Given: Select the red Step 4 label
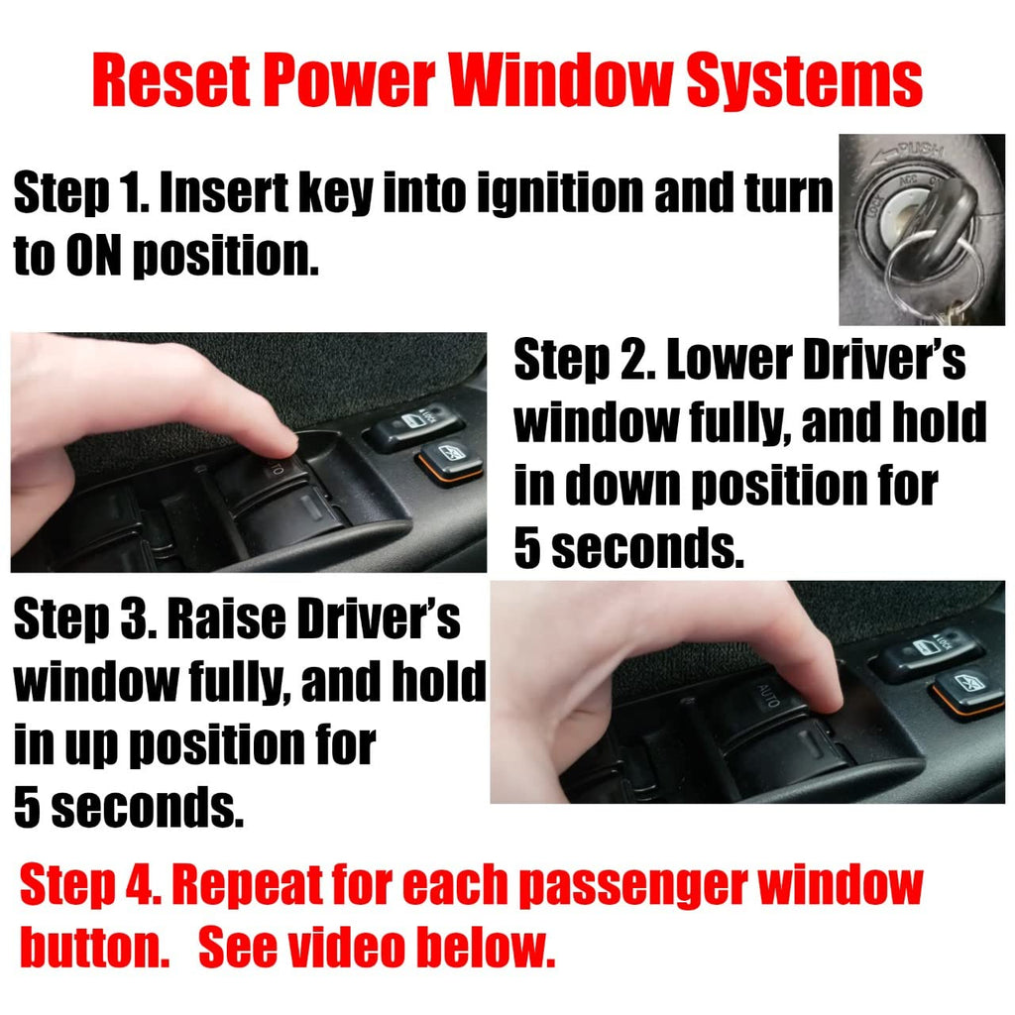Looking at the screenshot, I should pyautogui.click(x=89, y=885).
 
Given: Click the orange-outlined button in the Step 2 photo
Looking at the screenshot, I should pyautogui.click(x=451, y=461).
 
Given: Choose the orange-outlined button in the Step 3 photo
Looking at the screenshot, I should pyautogui.click(x=965, y=690).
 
